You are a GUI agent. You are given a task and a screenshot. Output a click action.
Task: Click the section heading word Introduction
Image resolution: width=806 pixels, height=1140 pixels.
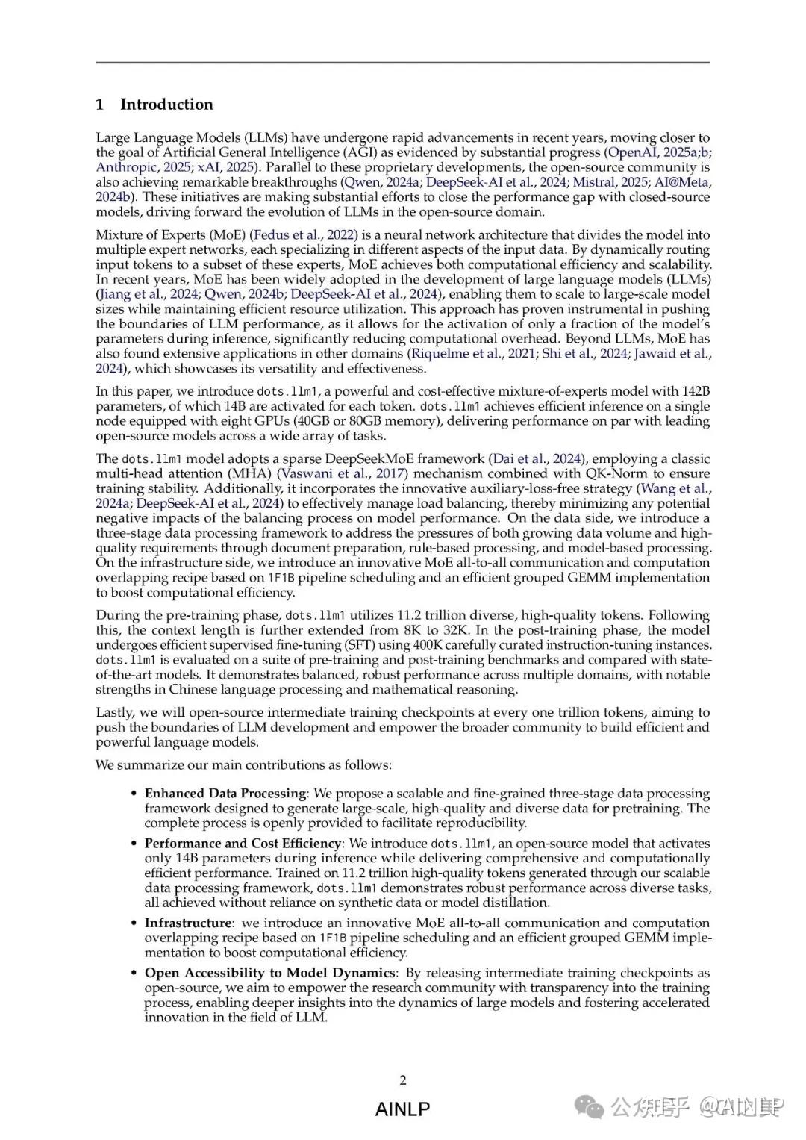click(166, 105)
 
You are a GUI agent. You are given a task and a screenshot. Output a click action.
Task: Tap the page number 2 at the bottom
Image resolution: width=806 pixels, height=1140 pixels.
click(403, 1080)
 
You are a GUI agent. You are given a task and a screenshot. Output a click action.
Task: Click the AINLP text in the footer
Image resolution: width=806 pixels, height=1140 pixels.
click(403, 1109)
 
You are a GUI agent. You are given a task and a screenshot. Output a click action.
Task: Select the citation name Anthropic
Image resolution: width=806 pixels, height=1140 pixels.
click(126, 167)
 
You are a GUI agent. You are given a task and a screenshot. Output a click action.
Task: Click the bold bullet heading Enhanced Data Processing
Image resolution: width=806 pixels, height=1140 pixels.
click(225, 793)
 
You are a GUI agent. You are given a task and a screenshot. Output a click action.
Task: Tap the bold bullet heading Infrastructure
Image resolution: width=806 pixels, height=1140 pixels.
click(189, 923)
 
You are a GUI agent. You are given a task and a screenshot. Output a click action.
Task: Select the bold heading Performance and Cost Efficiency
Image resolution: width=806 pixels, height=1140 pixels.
click(243, 843)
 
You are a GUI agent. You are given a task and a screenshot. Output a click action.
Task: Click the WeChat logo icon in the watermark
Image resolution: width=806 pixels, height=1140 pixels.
click(593, 1107)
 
